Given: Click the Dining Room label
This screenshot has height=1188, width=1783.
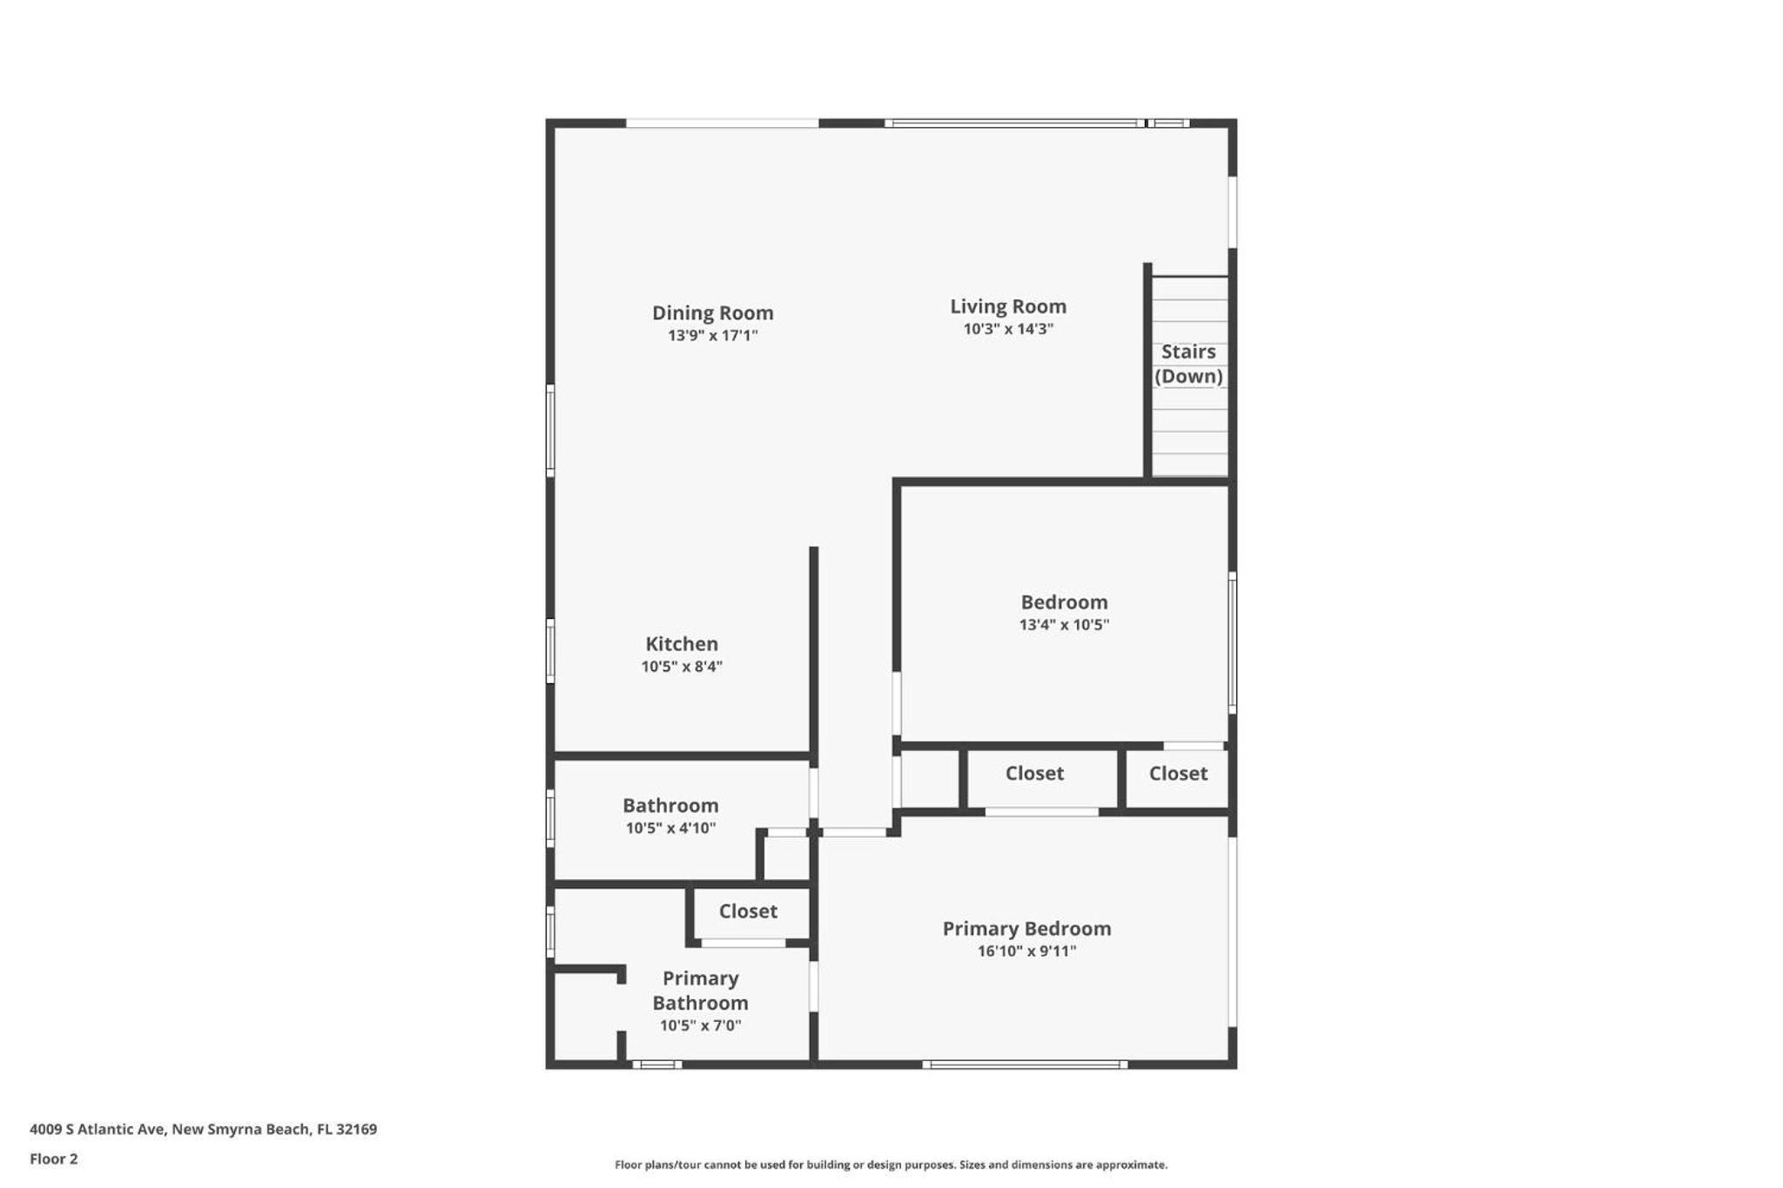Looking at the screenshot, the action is pos(712,312).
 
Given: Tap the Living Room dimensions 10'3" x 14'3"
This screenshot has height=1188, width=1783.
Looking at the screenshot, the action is pos(1008,329).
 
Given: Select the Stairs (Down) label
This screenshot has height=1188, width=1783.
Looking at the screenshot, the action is pos(1188,364).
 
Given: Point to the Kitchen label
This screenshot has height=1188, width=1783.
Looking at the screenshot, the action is pos(682,644).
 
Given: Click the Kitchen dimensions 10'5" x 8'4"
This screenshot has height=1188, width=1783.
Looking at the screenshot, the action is pos(682,667).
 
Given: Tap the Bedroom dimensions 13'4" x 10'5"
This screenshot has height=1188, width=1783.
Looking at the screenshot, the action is pos(1064,625).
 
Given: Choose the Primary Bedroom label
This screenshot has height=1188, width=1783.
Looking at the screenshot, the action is pos(1026,929).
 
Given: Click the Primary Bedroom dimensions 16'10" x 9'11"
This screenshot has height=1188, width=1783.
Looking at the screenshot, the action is pos(1026,951).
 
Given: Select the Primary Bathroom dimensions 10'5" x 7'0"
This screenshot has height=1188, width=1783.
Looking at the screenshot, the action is pos(700,1025).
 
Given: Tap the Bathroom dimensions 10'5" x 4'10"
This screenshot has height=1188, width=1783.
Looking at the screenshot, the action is pos(670,829).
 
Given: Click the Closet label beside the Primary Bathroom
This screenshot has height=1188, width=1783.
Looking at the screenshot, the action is pos(748,911).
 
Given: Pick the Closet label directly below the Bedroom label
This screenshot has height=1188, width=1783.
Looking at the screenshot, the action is pos(1034,773).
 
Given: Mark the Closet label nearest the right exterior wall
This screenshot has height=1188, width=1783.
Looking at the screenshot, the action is pos(1178,773).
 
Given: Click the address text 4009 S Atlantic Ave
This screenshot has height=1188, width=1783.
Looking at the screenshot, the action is pos(97,1130).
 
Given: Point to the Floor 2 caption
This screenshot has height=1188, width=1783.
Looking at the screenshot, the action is pos(53,1159).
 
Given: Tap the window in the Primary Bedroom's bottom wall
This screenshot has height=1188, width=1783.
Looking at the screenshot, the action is pos(1025,1064).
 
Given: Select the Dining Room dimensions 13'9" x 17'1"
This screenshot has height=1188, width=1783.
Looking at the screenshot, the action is pos(712,336).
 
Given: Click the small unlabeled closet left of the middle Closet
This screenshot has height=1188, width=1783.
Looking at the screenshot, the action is pos(930,780).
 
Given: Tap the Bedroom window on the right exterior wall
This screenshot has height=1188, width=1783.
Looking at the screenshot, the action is pos(1233,643).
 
